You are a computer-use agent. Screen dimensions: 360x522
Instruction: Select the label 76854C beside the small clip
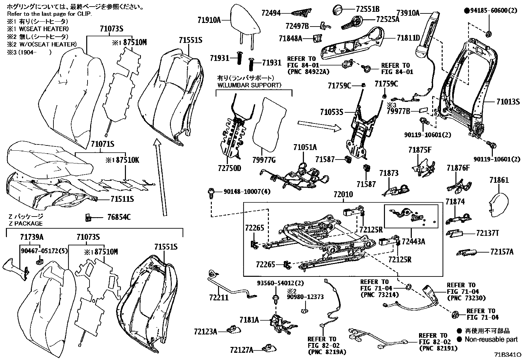[119, 217]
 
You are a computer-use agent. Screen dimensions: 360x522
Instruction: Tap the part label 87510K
[126, 161]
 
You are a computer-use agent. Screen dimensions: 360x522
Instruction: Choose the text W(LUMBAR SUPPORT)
[249, 85]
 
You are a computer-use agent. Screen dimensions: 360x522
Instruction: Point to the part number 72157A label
[502, 252]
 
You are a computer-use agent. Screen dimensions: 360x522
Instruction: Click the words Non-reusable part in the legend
[491, 339]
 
